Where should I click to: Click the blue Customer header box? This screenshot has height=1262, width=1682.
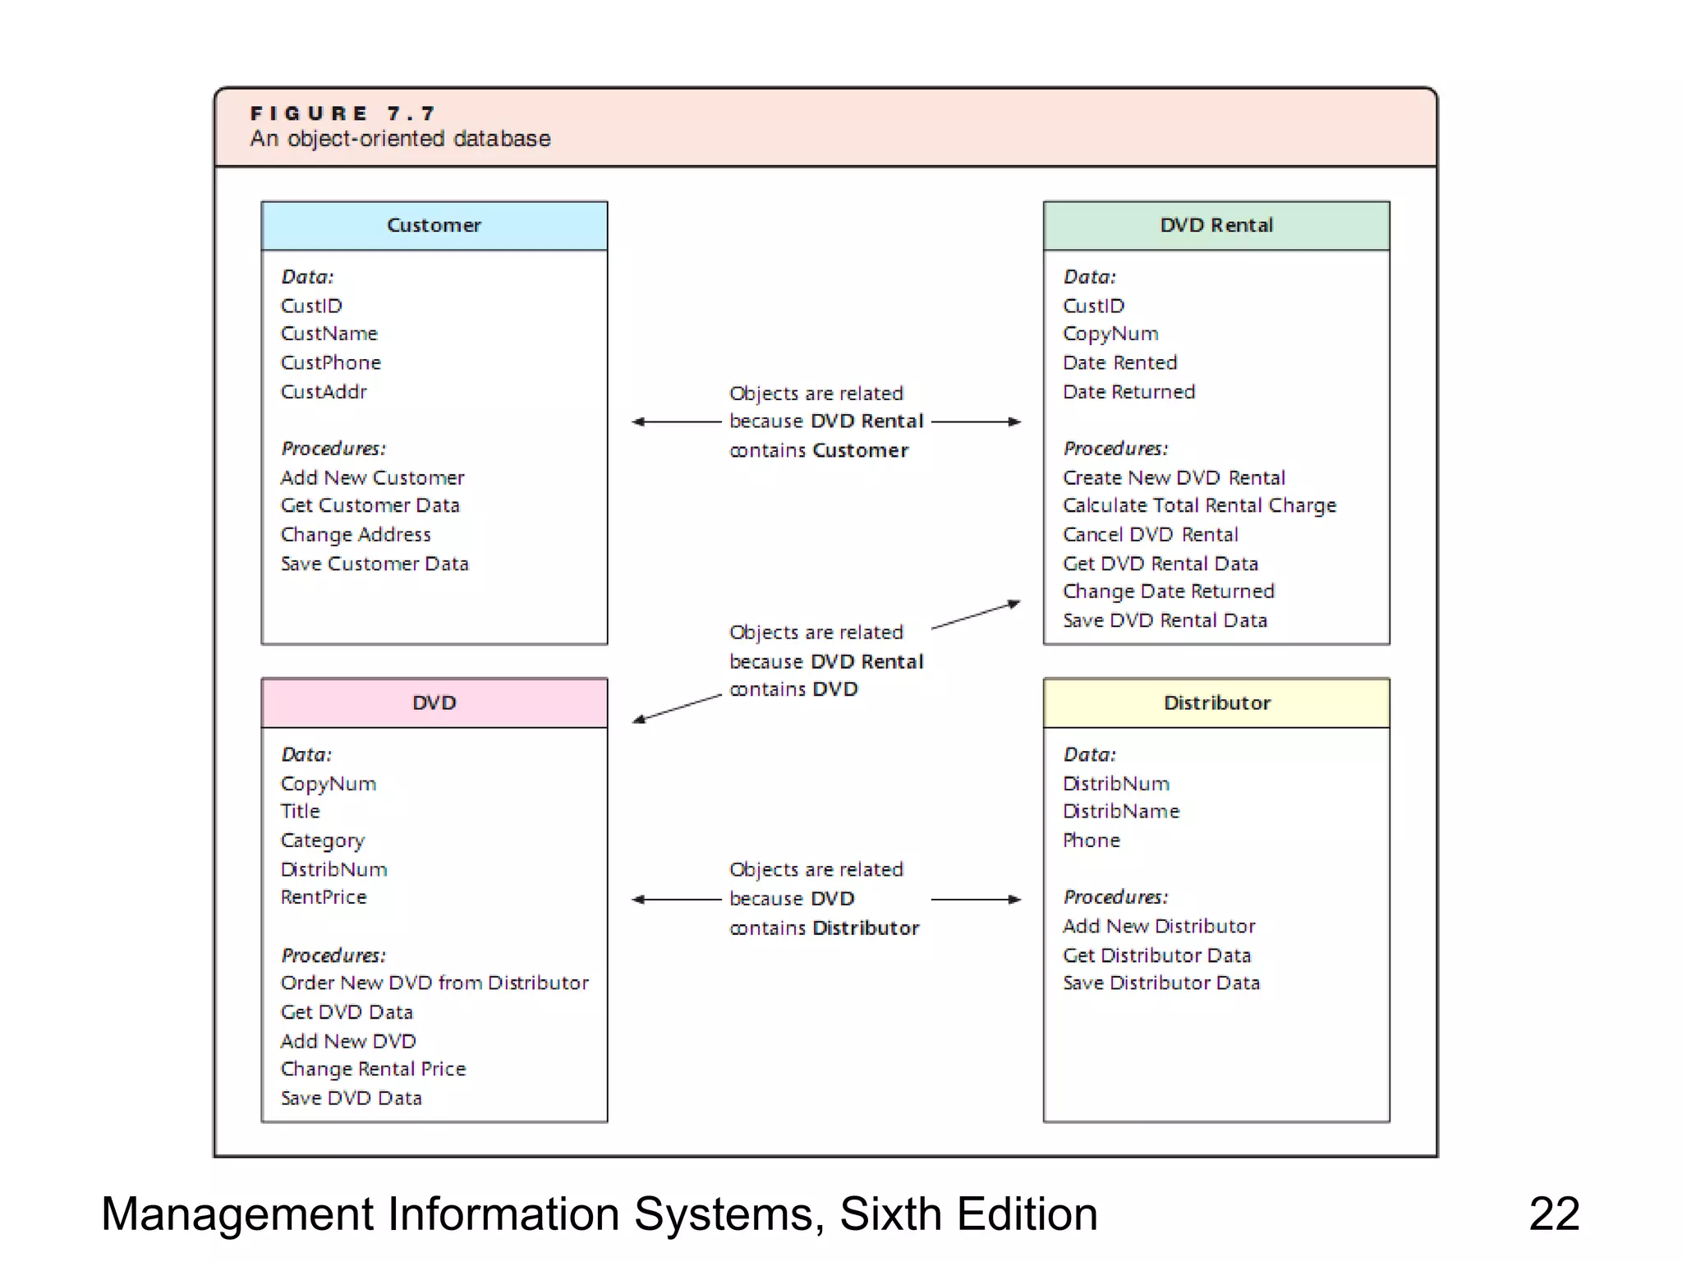tap(434, 225)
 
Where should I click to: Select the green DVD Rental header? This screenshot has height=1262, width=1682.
tap(1216, 225)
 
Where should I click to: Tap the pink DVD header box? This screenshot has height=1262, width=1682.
tap(434, 702)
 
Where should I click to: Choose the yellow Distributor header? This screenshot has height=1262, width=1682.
tap(1216, 702)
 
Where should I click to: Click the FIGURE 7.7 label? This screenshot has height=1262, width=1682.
tap(342, 113)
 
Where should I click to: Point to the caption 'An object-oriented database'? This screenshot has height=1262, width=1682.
tap(400, 139)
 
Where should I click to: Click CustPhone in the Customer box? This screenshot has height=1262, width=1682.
tap(331, 362)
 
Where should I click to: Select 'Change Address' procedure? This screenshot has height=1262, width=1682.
tap(356, 535)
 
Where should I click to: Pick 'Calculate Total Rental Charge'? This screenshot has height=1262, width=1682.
tap(1199, 505)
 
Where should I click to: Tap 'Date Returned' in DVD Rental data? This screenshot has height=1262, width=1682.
tap(1128, 392)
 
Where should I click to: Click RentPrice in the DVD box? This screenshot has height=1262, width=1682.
tap(324, 897)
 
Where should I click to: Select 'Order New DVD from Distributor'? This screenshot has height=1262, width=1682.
tap(434, 983)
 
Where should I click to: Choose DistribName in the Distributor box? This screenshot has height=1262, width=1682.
tap(1121, 812)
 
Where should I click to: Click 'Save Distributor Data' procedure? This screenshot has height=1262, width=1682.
tap(1160, 983)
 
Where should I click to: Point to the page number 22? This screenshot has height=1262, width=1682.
tap(1553, 1214)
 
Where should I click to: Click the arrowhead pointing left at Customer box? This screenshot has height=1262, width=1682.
tap(637, 421)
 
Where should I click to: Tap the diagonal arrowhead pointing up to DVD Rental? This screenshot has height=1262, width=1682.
tap(1014, 604)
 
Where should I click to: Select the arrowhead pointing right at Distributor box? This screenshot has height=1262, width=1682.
tap(1015, 899)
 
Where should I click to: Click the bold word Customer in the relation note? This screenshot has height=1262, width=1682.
tap(860, 450)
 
